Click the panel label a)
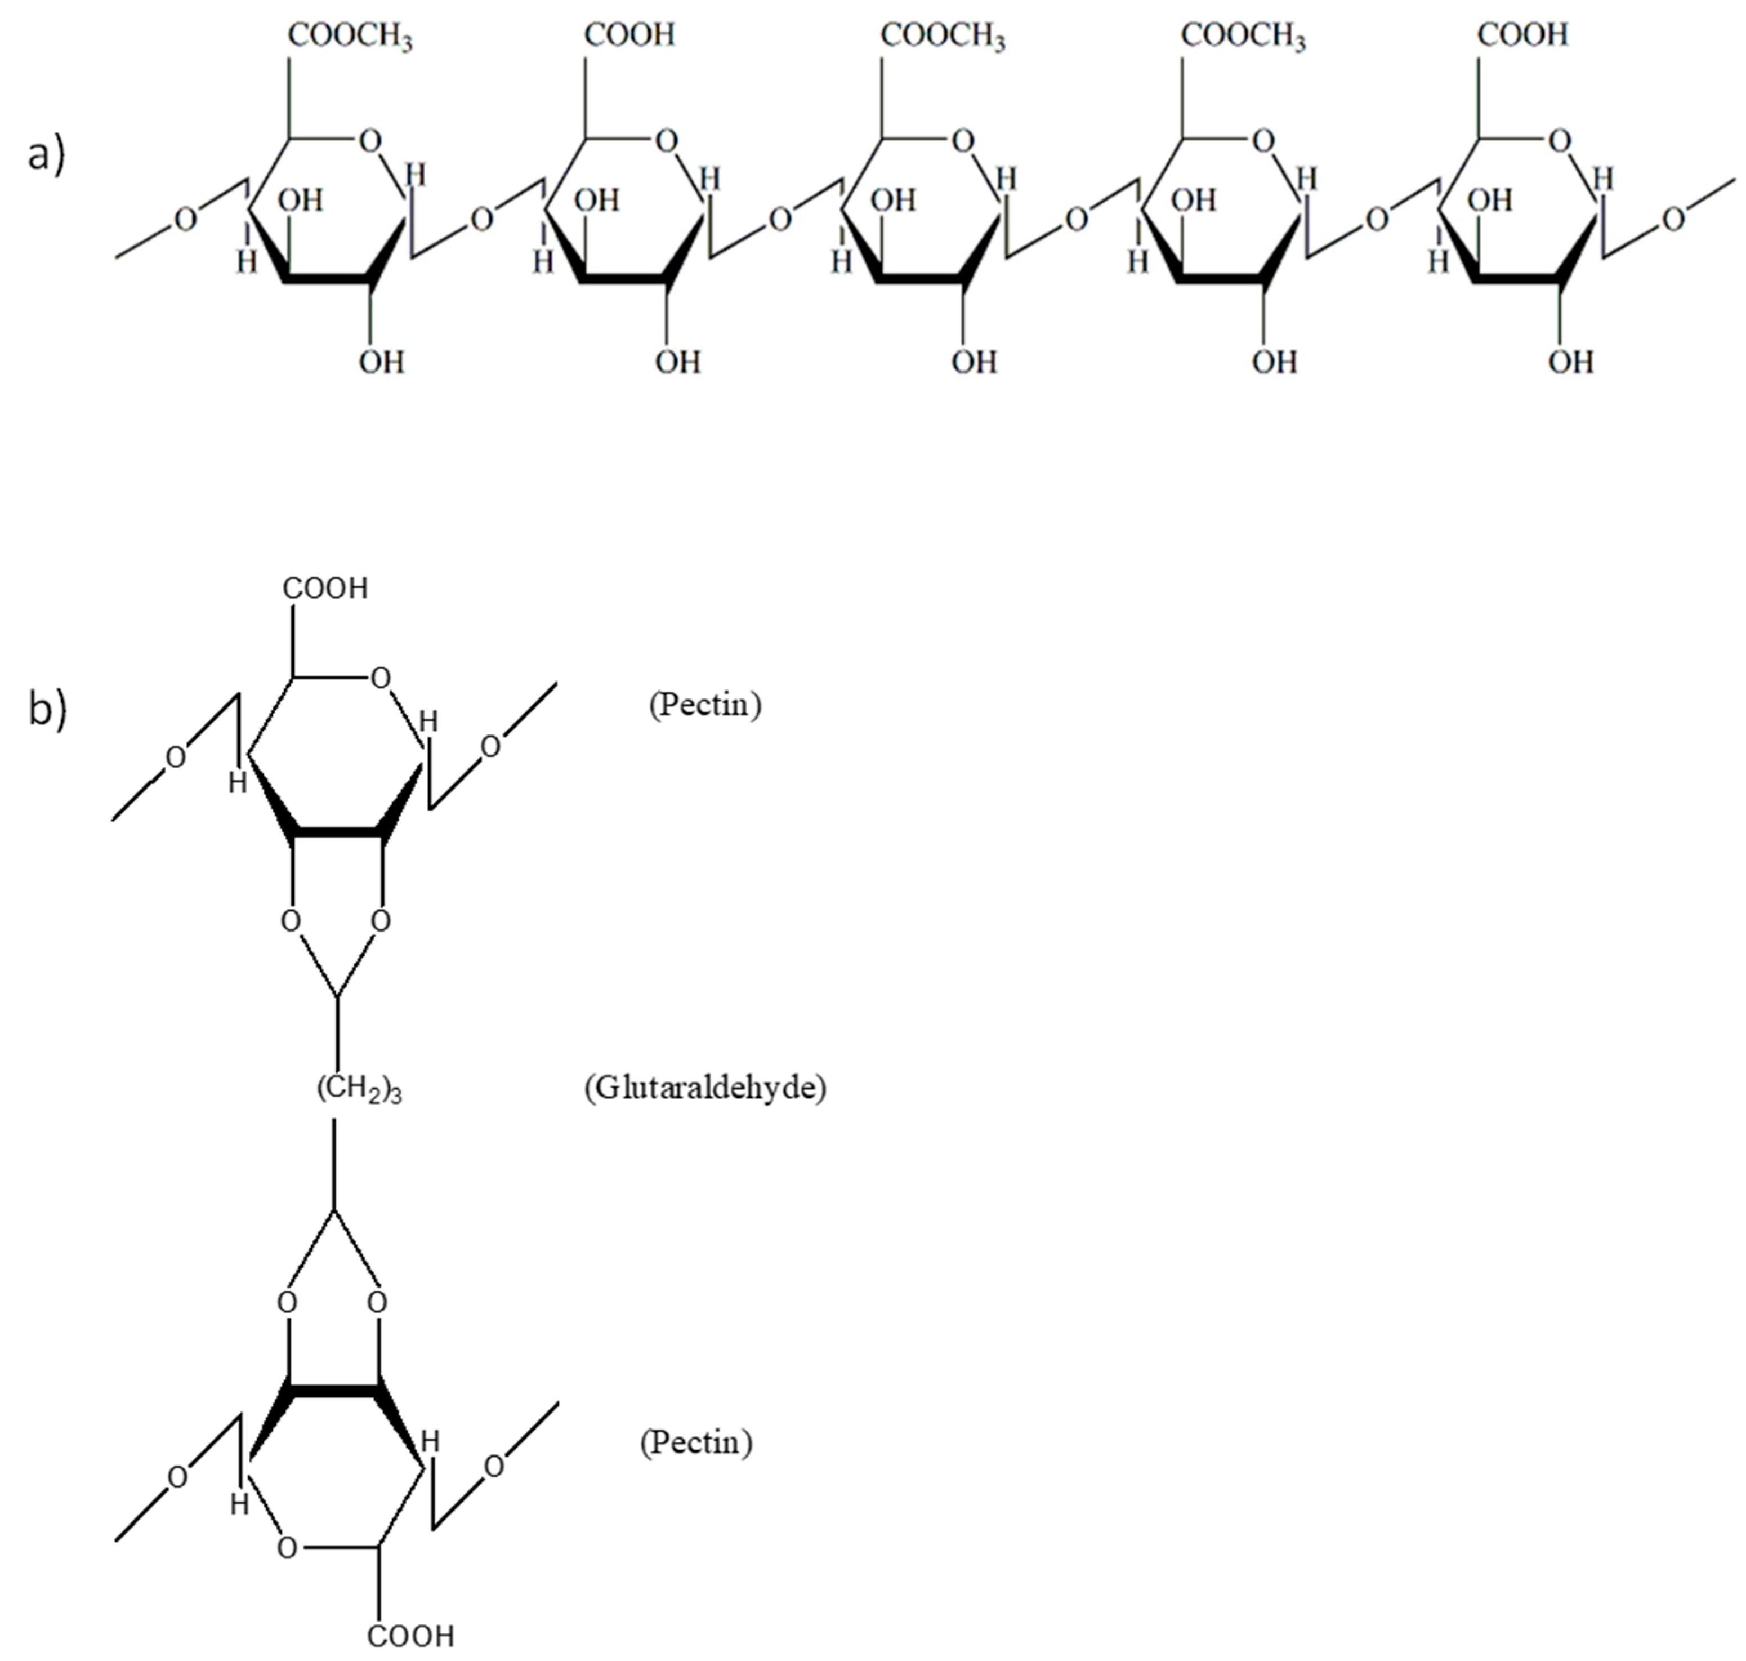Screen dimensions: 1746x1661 click(x=47, y=157)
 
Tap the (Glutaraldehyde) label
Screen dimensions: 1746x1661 click(x=705, y=1087)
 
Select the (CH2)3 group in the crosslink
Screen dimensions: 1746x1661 click(x=359, y=1090)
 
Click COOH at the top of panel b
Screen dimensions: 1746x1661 click(x=325, y=589)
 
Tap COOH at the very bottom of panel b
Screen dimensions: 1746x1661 click(x=410, y=1635)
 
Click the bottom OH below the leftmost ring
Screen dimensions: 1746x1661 click(x=381, y=362)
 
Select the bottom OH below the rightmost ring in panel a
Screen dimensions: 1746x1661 click(x=1571, y=362)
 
